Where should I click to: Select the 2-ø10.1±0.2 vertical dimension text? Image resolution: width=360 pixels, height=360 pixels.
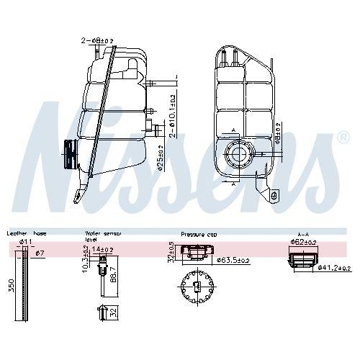173,115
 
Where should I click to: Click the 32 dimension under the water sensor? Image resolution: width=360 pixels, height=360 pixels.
114,312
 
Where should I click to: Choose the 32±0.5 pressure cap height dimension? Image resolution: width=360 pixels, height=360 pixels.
171,251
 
